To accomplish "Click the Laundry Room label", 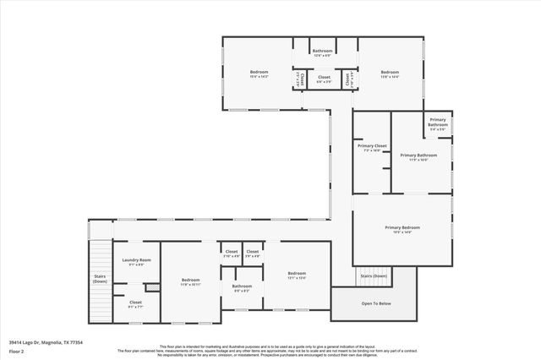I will click(x=136, y=259).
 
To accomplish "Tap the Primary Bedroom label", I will click(x=402, y=227).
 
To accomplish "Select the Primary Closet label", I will click(x=373, y=146).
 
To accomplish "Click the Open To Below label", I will click(x=376, y=303).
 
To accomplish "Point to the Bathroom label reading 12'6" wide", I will click(x=323, y=51).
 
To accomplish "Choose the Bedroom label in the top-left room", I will click(x=259, y=72).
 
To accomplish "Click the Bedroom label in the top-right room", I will click(x=389, y=72).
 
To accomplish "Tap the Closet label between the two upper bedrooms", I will click(x=324, y=77).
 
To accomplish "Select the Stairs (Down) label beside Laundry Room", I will click(x=100, y=279).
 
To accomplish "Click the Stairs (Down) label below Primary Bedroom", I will click(x=374, y=275).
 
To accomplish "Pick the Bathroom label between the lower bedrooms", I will click(x=242, y=286).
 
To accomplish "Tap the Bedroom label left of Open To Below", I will click(x=296, y=273).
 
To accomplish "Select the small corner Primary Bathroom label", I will click(x=438, y=123).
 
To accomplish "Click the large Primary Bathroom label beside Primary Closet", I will click(x=418, y=155).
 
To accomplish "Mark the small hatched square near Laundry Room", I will click(x=152, y=288).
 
